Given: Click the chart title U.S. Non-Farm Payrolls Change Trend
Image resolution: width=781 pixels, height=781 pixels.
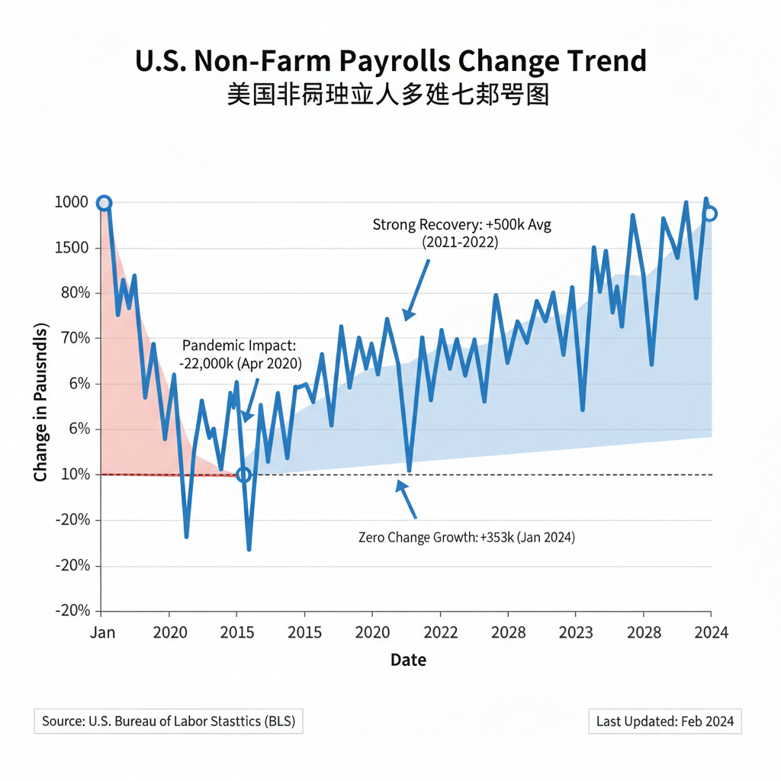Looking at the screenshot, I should click(390, 61).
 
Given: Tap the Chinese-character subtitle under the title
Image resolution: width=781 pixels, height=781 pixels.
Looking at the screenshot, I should click(388, 96).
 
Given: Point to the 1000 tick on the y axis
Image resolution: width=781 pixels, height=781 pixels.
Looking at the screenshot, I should click(72, 203).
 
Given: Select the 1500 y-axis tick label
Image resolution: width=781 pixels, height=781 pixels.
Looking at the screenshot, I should click(72, 248).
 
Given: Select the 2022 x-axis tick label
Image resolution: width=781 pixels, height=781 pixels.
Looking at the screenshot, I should click(441, 632).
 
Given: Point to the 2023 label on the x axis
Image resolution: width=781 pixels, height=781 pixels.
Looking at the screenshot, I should click(577, 632).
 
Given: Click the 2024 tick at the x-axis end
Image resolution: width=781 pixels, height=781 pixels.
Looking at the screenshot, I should click(710, 632).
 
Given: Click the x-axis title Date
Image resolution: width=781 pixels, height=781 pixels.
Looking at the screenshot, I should click(408, 660).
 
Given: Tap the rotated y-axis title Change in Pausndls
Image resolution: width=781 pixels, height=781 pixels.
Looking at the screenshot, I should click(40, 403).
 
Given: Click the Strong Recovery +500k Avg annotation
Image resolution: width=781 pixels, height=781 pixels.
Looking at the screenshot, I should click(461, 233).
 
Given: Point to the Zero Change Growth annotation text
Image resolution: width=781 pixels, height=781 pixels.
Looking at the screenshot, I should click(466, 538).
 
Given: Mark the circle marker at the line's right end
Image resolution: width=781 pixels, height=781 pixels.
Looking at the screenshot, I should click(709, 214).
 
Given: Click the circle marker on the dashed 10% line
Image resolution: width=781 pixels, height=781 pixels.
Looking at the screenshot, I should click(243, 474).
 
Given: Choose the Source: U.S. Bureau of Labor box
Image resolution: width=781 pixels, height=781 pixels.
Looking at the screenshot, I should click(169, 721).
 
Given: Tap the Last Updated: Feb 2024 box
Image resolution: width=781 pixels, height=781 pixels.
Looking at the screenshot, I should click(665, 721).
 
